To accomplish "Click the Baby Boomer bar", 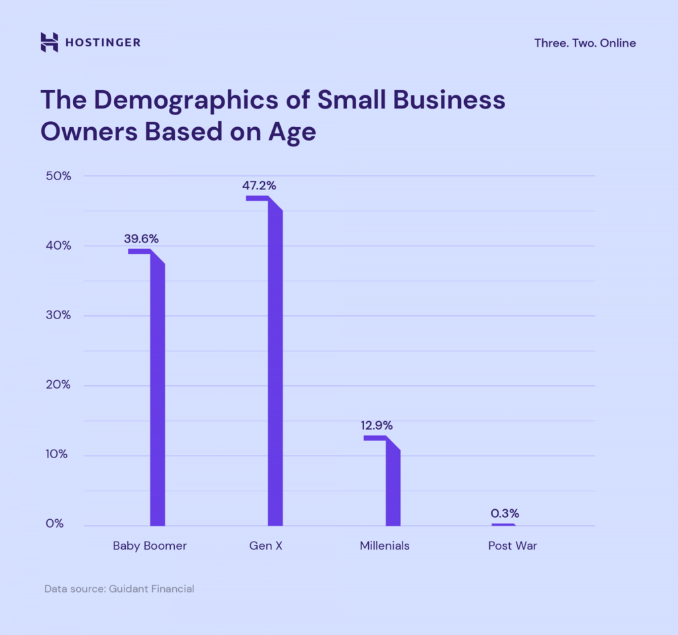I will pyautogui.click(x=157, y=391).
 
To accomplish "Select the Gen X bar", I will pyautogui.click(x=275, y=364).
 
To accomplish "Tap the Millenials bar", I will pyautogui.click(x=393, y=487).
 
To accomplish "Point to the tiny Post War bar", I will pyautogui.click(x=503, y=524).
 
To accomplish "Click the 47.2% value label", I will pyautogui.click(x=259, y=185).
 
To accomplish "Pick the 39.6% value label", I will pyautogui.click(x=141, y=238).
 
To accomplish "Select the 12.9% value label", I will pyautogui.click(x=377, y=425).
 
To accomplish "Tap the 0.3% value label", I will pyautogui.click(x=505, y=513).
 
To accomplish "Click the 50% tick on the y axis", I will pyautogui.click(x=58, y=176).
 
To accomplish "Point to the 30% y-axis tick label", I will pyautogui.click(x=58, y=315).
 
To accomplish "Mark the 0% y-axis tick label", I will pyautogui.click(x=55, y=524).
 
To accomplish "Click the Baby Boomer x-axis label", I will pyautogui.click(x=150, y=546).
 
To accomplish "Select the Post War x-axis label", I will pyautogui.click(x=512, y=546).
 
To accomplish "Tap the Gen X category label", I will pyautogui.click(x=266, y=546).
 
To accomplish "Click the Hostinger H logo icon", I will pyautogui.click(x=49, y=42).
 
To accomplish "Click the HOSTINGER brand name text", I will pyautogui.click(x=103, y=43).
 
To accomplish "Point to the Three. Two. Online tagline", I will pyautogui.click(x=585, y=43).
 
